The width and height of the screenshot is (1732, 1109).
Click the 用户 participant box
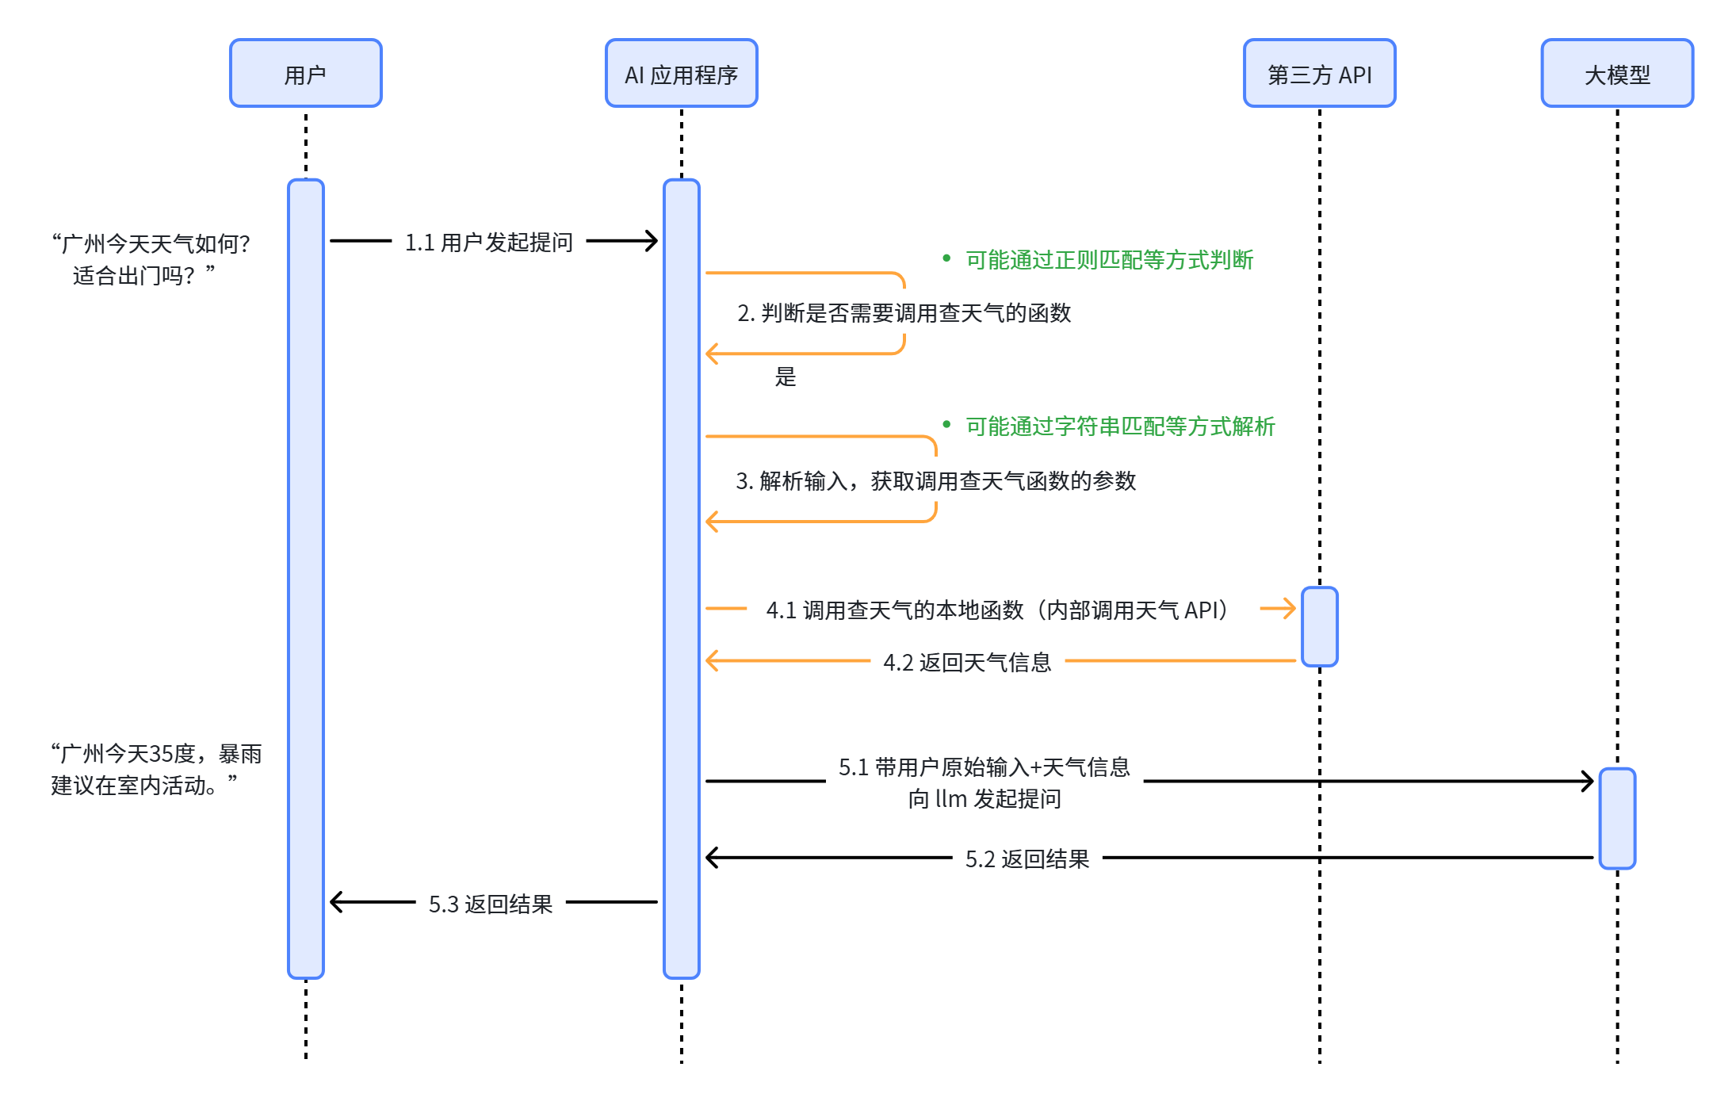(x=305, y=74)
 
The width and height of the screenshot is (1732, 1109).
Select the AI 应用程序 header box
(x=681, y=74)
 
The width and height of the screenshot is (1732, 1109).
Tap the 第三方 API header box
(x=1319, y=74)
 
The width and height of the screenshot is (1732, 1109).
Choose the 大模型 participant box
(x=1616, y=74)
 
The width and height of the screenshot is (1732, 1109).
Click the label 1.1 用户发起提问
(x=488, y=242)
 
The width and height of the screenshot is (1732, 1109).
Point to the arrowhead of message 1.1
(x=652, y=241)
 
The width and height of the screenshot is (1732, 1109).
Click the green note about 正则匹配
(x=1108, y=260)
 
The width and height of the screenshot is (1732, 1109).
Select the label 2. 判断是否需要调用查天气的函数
(x=904, y=313)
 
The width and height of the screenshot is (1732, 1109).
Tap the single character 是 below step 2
(x=785, y=377)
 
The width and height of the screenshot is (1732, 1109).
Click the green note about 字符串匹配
(x=1119, y=426)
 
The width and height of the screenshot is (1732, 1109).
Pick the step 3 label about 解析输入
(x=935, y=480)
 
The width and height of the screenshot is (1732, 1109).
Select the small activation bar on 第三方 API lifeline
(x=1319, y=626)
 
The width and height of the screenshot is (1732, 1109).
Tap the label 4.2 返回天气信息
(x=967, y=662)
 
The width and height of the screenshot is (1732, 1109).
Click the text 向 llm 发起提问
(x=985, y=798)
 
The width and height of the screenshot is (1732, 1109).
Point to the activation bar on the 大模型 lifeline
(x=1616, y=818)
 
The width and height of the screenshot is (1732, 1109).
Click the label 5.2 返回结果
(x=1027, y=859)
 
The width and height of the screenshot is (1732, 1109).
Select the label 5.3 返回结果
(x=490, y=904)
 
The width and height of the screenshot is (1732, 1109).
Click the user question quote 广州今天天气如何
(x=151, y=258)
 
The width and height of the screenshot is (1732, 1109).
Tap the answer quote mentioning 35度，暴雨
(x=155, y=769)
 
